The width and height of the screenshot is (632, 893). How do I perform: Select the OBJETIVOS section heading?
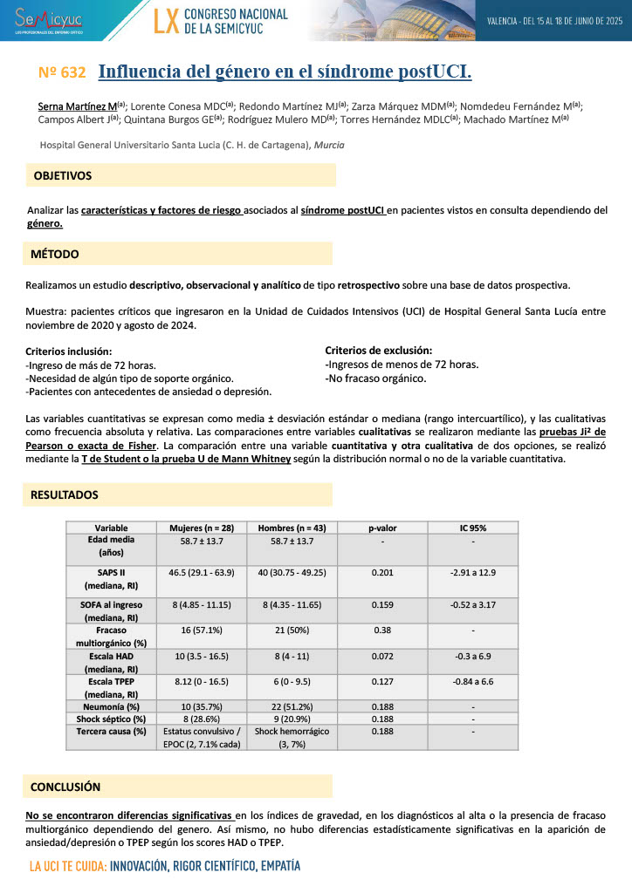tap(62, 175)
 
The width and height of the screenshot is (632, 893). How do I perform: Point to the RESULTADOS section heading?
tap(65, 494)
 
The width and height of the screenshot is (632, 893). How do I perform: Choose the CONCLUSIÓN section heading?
tap(65, 786)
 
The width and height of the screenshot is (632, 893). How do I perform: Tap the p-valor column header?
tap(381, 528)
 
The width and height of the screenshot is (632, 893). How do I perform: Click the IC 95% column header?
tap(472, 528)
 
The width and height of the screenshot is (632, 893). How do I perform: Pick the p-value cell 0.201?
tap(381, 571)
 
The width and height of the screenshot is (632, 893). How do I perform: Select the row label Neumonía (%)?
tap(111, 706)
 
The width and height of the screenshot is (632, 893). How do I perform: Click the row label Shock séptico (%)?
tap(111, 719)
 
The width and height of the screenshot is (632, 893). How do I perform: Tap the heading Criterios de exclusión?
tap(378, 350)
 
